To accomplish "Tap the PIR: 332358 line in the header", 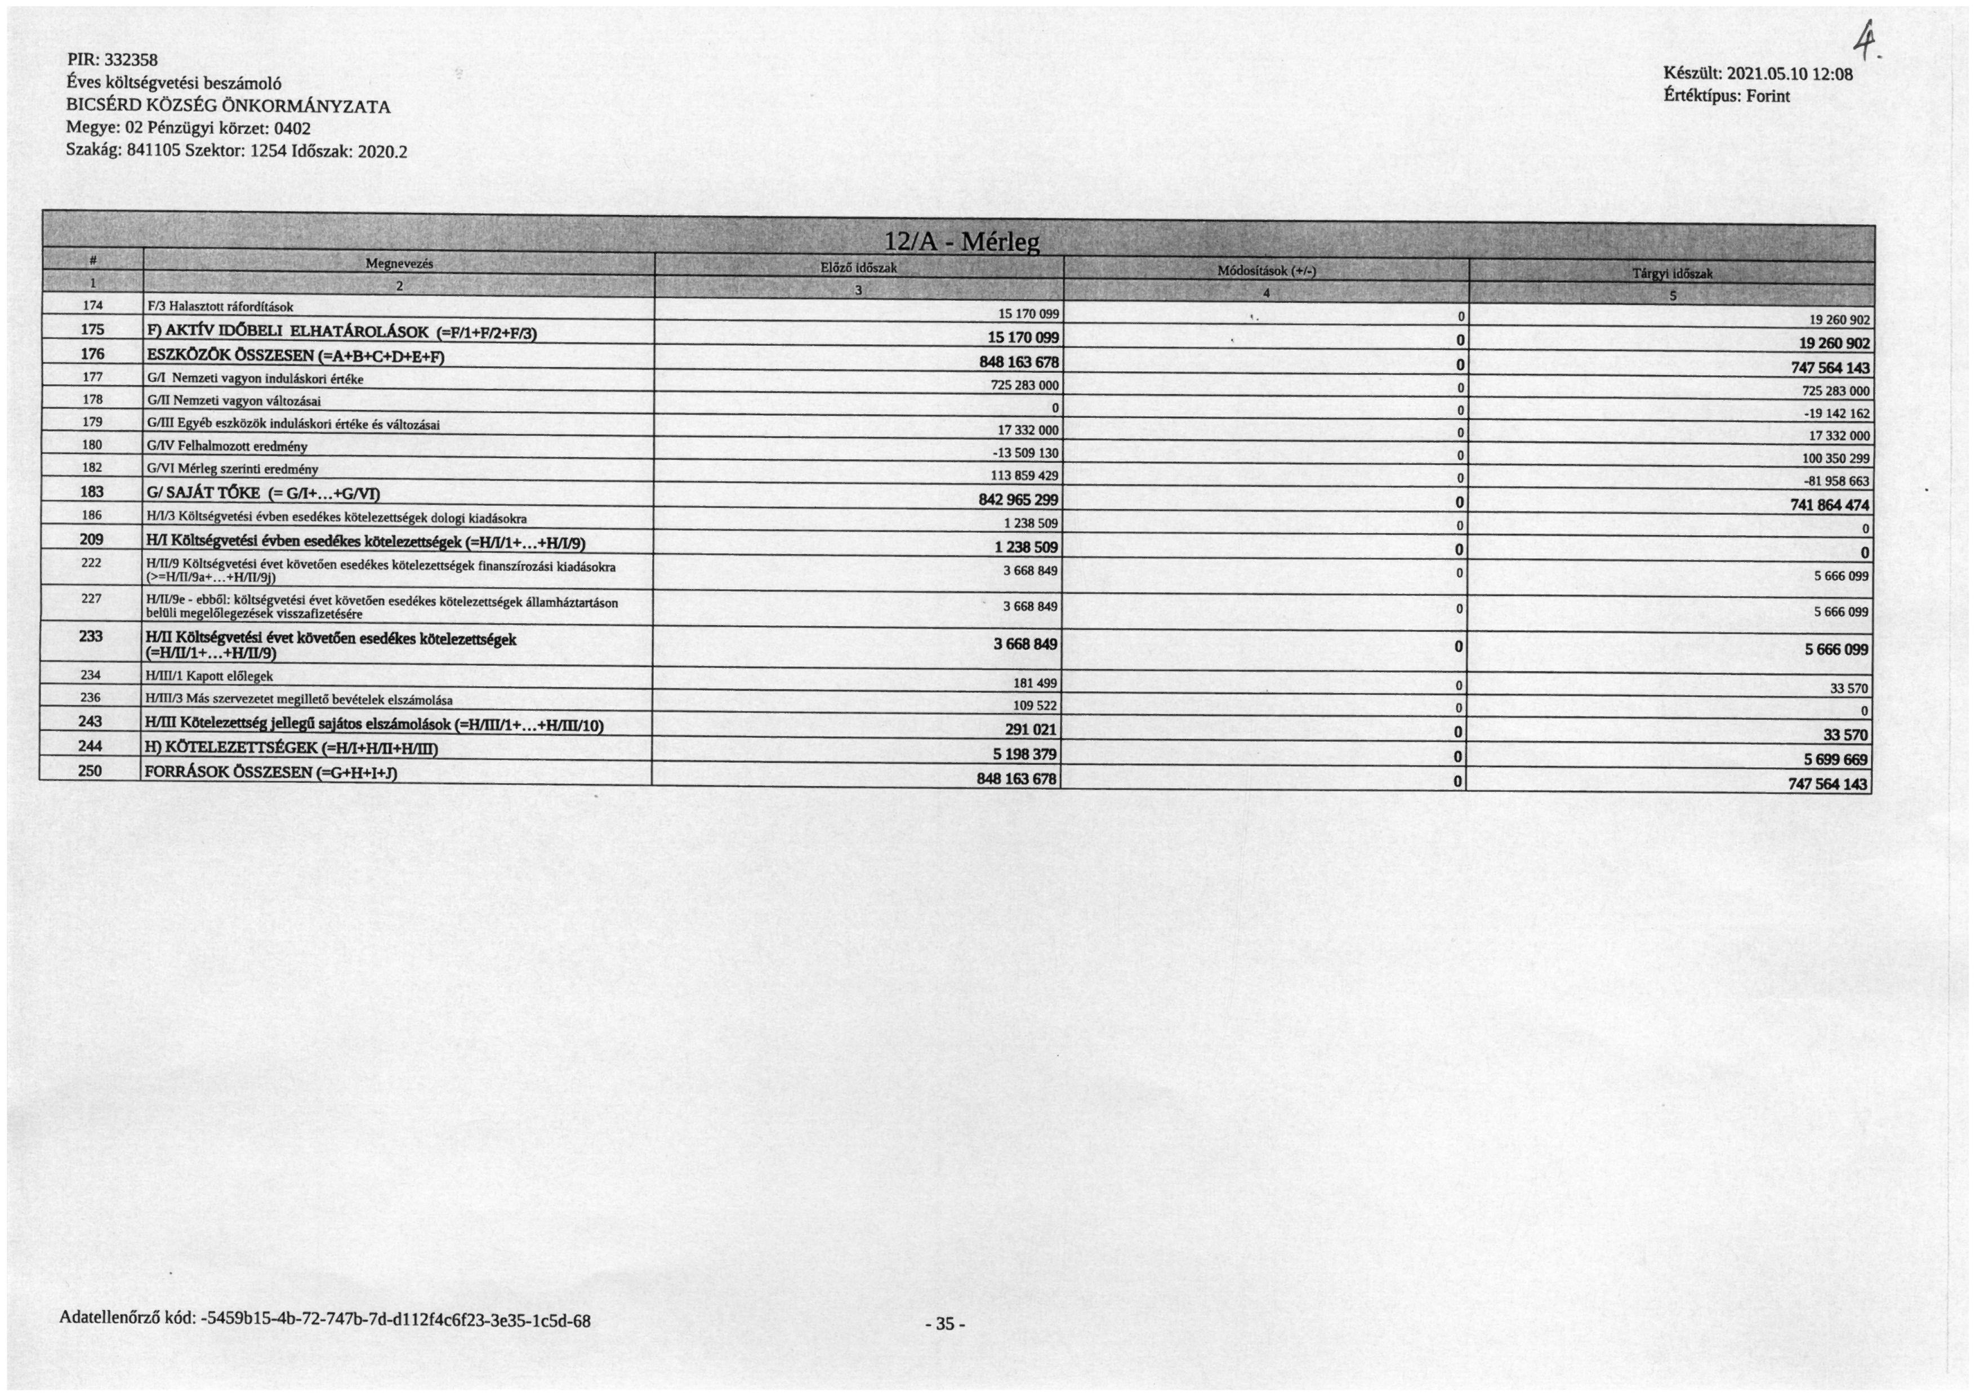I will coord(113,60).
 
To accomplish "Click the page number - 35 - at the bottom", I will coord(944,1324).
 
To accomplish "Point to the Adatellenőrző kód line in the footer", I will coord(324,1320).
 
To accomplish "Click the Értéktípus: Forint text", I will coord(1727,96).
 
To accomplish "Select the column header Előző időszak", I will coord(858,268).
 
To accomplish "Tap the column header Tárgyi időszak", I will coord(1672,274).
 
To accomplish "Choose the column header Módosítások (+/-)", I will coord(1266,271).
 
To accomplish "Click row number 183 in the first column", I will coord(91,491).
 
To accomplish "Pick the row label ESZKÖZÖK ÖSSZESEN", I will coord(295,355).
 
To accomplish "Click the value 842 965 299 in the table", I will coord(1018,500).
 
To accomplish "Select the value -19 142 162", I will coord(1836,413).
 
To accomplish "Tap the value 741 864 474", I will coord(1830,505).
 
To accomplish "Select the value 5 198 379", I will coord(1024,754).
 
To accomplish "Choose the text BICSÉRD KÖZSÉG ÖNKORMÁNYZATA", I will coord(228,106).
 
